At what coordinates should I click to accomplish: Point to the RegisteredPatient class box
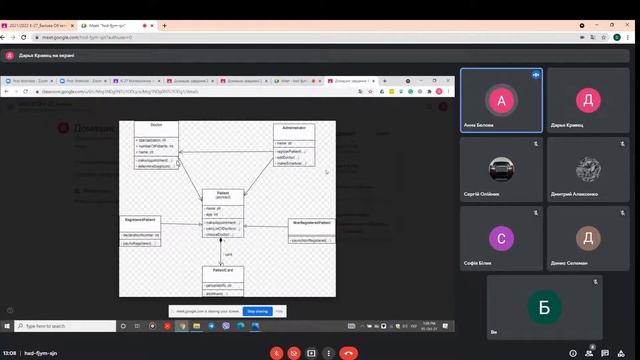click(x=141, y=230)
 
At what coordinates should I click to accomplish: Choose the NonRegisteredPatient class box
click(x=312, y=231)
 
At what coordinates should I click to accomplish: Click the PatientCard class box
click(x=222, y=280)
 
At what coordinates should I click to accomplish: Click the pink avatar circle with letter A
click(x=501, y=99)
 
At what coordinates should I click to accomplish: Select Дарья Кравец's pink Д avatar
click(x=589, y=99)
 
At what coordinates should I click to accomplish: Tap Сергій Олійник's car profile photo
click(x=501, y=168)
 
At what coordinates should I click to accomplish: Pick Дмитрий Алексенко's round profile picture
click(x=589, y=168)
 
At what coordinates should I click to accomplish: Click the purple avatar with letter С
click(x=501, y=238)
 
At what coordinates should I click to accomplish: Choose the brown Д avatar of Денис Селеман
click(x=589, y=238)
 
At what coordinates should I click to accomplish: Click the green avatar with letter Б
click(x=545, y=307)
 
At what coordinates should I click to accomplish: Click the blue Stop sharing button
click(x=258, y=311)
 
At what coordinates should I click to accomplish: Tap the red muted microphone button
click(x=275, y=352)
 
